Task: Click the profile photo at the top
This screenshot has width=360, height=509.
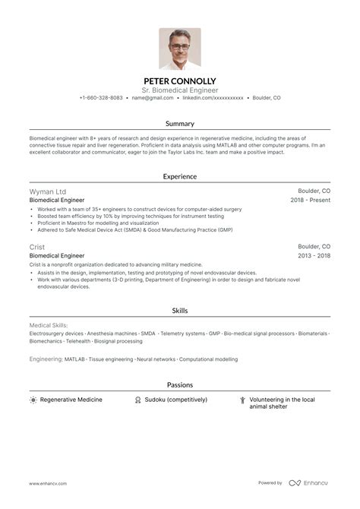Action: (180, 49)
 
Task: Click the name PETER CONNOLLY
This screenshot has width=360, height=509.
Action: (180, 81)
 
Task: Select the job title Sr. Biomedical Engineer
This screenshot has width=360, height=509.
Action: (180, 90)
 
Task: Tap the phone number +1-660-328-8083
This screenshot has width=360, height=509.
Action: (101, 98)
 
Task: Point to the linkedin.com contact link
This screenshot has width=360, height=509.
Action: (213, 98)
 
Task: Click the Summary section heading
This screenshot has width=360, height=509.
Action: (180, 123)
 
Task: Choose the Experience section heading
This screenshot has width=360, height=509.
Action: (180, 176)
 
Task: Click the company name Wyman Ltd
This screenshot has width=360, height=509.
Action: (48, 191)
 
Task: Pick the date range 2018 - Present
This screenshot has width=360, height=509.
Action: (311, 201)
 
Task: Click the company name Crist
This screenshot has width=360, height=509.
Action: (37, 247)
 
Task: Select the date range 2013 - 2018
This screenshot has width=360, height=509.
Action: (314, 256)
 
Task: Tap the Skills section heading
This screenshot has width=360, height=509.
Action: (180, 311)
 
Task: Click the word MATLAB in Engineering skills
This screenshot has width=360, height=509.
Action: (74, 359)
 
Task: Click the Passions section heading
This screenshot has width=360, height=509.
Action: (180, 385)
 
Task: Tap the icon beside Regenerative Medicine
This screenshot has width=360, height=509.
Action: (33, 400)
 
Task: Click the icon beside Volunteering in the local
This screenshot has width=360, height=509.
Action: (242, 400)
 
